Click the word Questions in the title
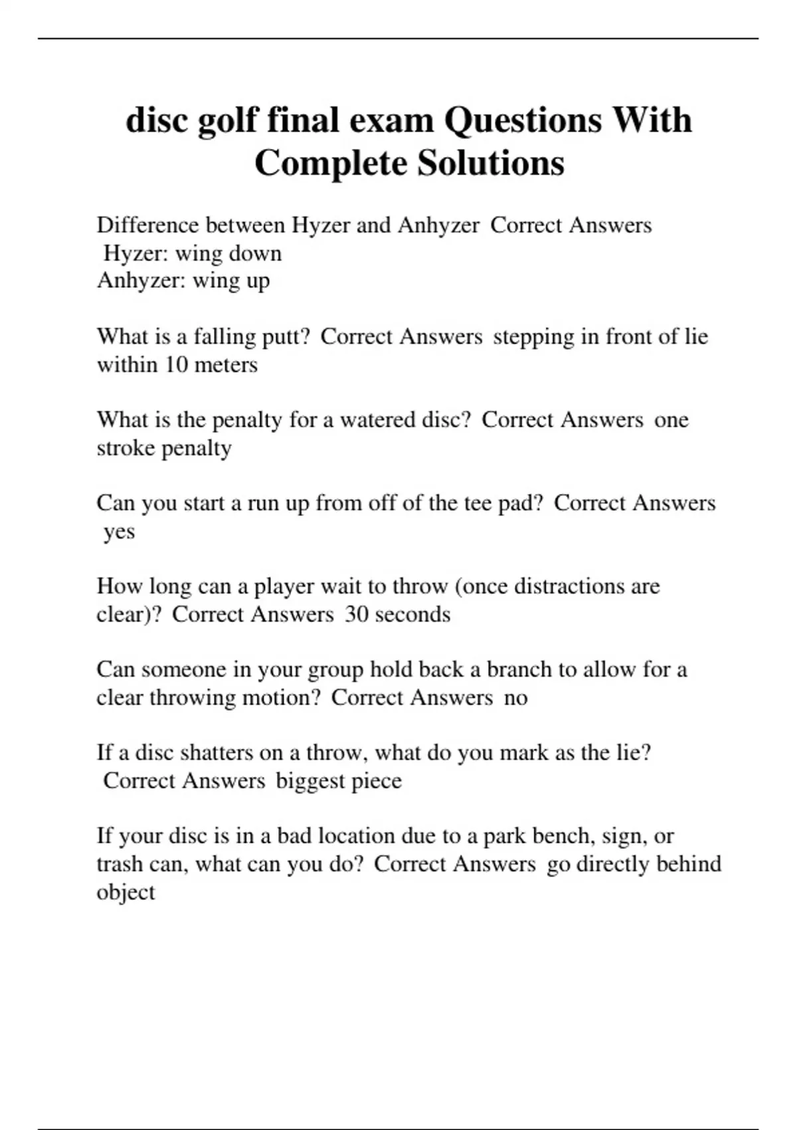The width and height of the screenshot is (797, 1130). coord(523,120)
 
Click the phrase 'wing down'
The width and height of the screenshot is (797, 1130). coord(228,253)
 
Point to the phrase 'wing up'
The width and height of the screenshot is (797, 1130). coord(231,281)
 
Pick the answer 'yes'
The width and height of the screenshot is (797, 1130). coord(119,531)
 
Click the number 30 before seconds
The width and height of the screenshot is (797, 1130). coord(357,614)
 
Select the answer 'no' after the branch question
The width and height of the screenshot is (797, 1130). coord(515,697)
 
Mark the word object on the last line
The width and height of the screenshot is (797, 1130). coord(126,891)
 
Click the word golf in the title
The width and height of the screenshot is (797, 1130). coord(227,120)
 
